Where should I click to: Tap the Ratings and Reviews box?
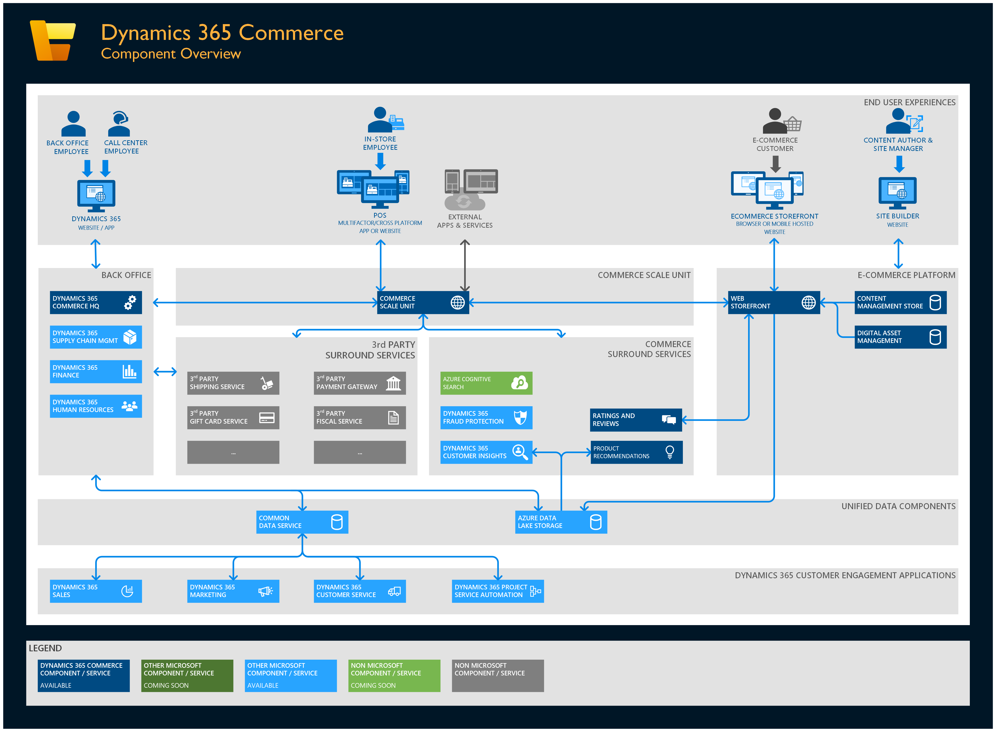click(636, 420)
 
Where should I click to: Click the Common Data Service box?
click(302, 522)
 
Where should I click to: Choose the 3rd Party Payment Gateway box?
click(359, 383)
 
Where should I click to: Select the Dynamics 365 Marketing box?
click(233, 591)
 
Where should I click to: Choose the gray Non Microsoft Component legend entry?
click(498, 675)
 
